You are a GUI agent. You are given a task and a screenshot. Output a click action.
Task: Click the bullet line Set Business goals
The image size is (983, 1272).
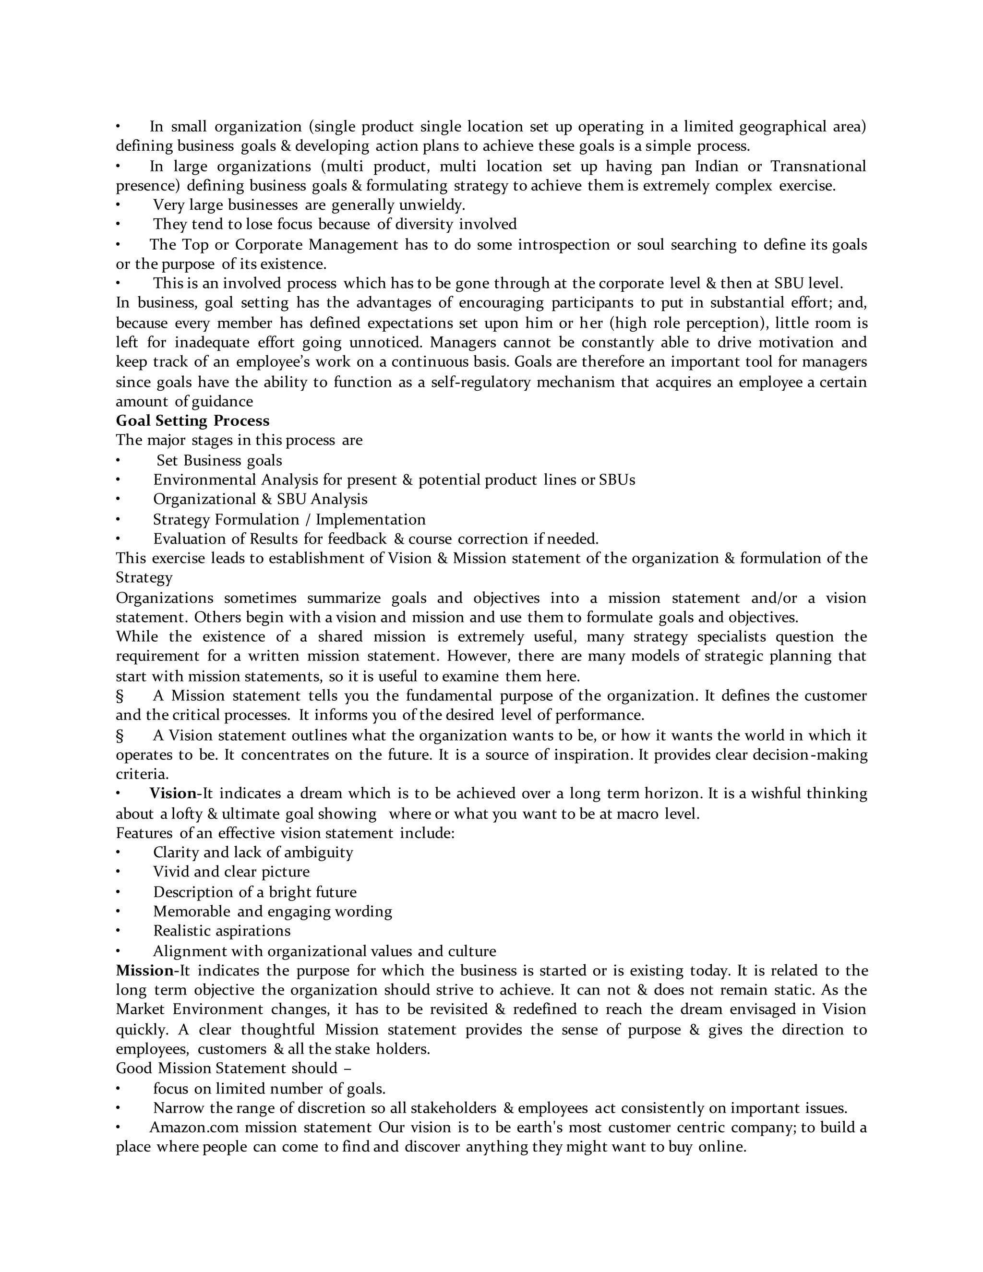coord(219,461)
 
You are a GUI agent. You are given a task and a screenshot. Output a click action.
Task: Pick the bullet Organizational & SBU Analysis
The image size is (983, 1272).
coord(260,499)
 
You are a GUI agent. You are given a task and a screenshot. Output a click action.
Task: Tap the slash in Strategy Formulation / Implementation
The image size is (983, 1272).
coord(306,519)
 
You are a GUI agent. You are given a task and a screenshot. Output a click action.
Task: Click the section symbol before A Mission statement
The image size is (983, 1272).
coord(120,696)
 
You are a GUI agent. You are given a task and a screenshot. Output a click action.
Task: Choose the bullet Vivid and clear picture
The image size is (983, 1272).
coord(231,872)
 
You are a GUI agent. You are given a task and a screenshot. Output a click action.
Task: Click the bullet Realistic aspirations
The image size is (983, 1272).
coord(221,931)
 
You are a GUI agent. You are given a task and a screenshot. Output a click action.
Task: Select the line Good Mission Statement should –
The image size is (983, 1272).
coord(233,1068)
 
